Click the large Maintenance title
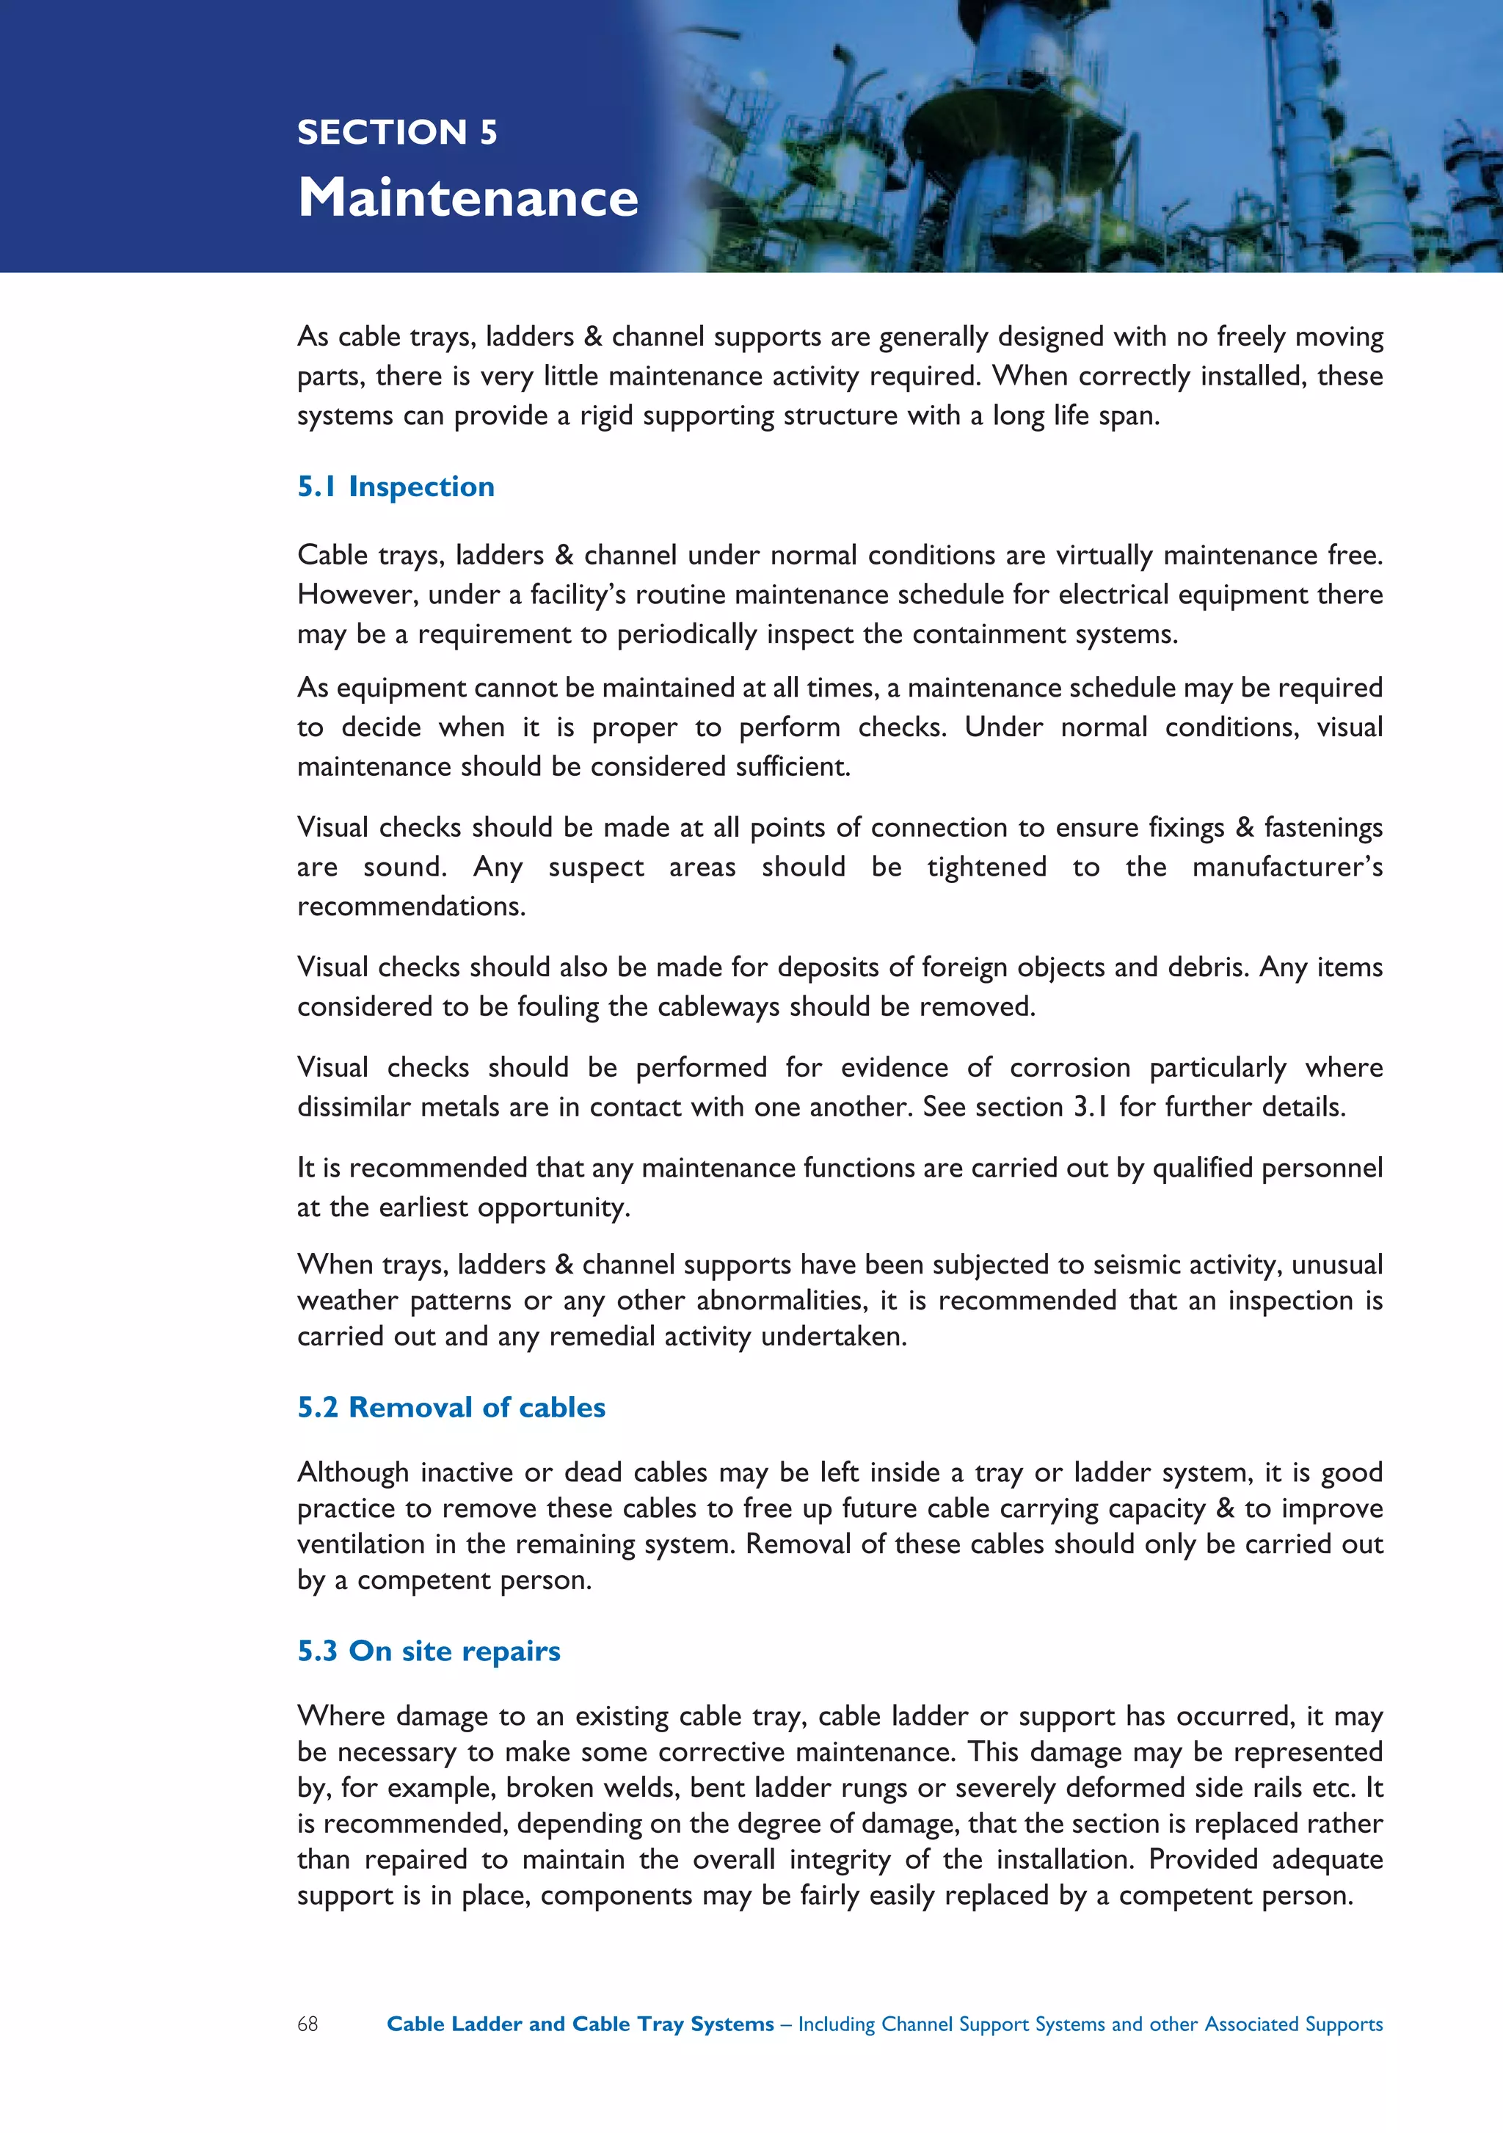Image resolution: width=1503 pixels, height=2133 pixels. [x=467, y=198]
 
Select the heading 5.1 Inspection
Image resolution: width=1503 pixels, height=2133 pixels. [x=396, y=487]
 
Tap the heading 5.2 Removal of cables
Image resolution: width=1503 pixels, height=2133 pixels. [x=451, y=1408]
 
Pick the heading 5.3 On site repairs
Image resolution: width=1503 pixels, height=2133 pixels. [x=429, y=1651]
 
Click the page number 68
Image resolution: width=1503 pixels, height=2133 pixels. [x=307, y=2024]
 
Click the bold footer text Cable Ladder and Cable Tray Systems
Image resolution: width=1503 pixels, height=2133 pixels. [x=580, y=2024]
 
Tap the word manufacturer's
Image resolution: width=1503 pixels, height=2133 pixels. [x=1287, y=868]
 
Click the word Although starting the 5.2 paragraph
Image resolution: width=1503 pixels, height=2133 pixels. [x=353, y=1472]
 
